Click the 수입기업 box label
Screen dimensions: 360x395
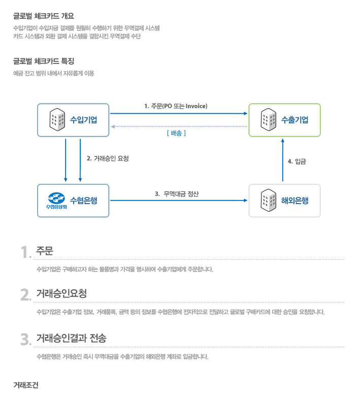click(x=83, y=120)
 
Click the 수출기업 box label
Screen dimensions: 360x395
click(x=294, y=120)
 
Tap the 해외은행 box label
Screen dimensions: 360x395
click(x=294, y=201)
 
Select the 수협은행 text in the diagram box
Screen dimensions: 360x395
click(x=83, y=201)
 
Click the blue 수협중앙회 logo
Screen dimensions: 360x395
click(x=56, y=201)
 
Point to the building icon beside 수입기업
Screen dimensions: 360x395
click(x=57, y=119)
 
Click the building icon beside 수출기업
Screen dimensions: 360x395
click(x=269, y=119)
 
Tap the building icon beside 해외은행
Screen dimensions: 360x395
click(x=269, y=200)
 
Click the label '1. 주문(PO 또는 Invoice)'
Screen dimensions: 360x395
click(x=176, y=106)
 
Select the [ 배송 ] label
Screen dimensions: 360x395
click(x=176, y=133)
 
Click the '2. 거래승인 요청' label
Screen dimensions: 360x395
click(x=108, y=158)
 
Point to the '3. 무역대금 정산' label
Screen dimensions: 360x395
click(x=177, y=194)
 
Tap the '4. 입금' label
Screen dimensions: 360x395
click(x=297, y=161)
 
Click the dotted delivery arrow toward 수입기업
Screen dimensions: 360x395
click(x=179, y=126)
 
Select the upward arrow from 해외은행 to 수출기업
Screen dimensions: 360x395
click(x=283, y=160)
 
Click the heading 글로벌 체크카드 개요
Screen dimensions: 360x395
click(x=44, y=16)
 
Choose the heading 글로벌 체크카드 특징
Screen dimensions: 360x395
click(x=44, y=61)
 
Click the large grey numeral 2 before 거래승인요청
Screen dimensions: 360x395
click(x=25, y=295)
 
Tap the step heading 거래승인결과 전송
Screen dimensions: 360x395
click(x=71, y=338)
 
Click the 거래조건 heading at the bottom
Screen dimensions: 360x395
click(x=26, y=385)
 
